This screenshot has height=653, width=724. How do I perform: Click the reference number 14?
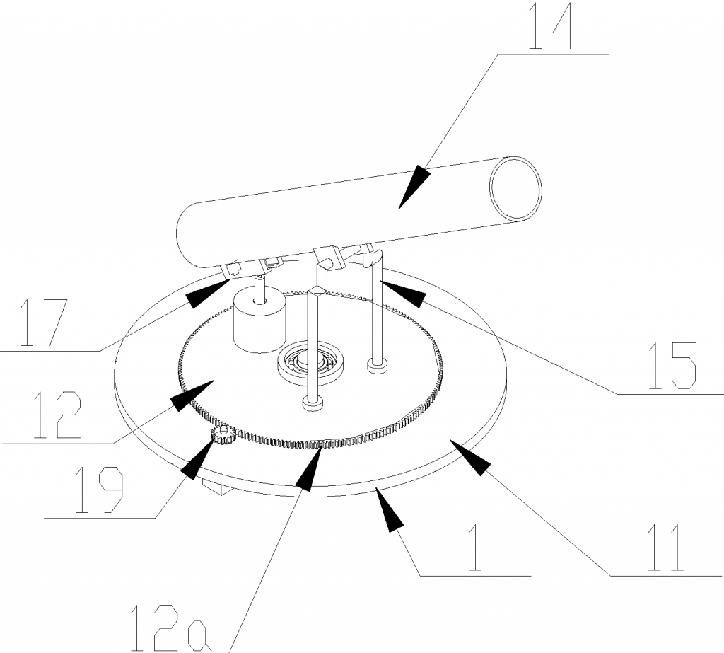(x=551, y=25)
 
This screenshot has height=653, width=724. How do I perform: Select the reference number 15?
(x=672, y=366)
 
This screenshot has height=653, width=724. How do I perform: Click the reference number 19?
(x=98, y=490)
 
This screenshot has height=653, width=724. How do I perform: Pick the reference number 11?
(x=665, y=548)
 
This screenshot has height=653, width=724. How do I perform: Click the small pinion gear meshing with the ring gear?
(x=223, y=435)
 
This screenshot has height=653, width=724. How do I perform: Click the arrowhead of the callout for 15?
(x=402, y=292)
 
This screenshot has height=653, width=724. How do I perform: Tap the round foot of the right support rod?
(x=377, y=366)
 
